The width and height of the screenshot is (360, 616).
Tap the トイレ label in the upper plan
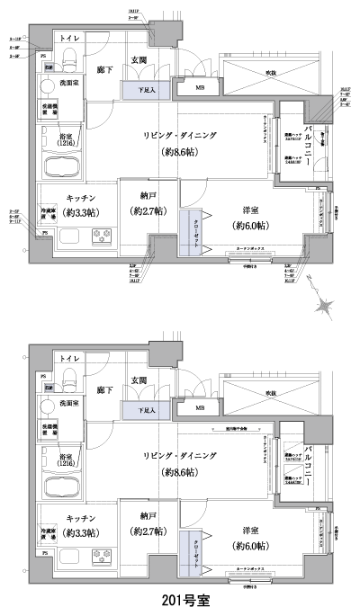(68, 39)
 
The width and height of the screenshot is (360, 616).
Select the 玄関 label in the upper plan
(140, 60)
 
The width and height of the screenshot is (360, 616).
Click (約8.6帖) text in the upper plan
(187, 154)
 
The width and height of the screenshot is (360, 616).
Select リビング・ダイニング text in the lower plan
(187, 456)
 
